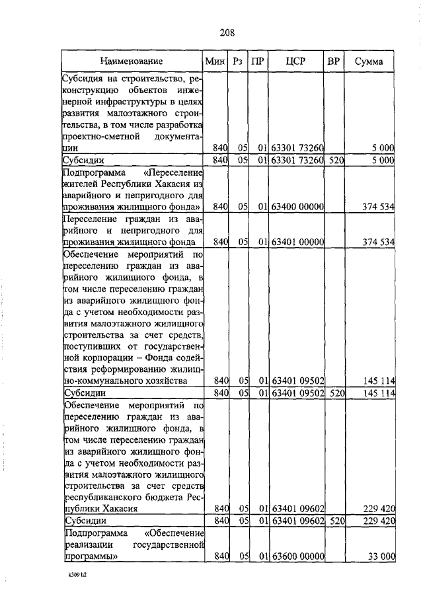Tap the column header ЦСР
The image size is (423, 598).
point(295,61)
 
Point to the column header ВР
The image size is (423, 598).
point(334,61)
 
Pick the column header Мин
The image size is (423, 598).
point(215,61)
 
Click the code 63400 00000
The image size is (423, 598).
point(297,207)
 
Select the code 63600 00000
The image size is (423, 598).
point(297,557)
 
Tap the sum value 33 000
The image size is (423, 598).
point(381,557)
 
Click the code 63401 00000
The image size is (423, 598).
point(297,242)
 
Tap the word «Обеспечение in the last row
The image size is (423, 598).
point(173,533)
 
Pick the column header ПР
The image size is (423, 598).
point(260,61)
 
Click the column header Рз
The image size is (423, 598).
point(237,61)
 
